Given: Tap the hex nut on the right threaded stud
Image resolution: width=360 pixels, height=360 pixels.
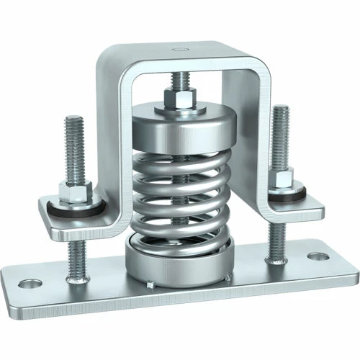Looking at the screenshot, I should [282, 176].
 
